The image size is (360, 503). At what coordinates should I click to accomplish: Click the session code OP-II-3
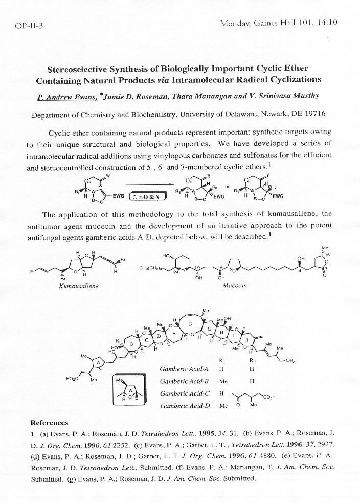(x=29, y=26)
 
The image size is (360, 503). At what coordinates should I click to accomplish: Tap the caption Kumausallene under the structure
(x=79, y=286)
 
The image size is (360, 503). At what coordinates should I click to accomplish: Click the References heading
(x=49, y=423)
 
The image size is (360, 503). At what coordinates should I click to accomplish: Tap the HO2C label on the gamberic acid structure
(x=73, y=379)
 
